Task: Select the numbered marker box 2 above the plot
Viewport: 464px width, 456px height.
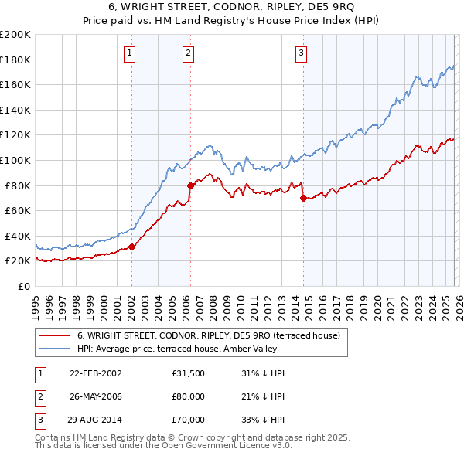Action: (188, 53)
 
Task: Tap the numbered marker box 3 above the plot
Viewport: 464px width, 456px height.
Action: (301, 53)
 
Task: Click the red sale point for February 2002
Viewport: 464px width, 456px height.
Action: (131, 247)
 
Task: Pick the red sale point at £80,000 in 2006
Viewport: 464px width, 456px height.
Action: (190, 185)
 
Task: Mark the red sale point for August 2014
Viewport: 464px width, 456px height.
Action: (303, 198)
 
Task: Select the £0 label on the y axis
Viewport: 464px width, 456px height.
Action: (23, 286)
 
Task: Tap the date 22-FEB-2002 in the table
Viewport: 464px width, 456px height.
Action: (96, 373)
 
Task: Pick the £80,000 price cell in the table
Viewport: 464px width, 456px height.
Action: (188, 396)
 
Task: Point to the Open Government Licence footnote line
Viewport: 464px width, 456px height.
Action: (164, 446)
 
